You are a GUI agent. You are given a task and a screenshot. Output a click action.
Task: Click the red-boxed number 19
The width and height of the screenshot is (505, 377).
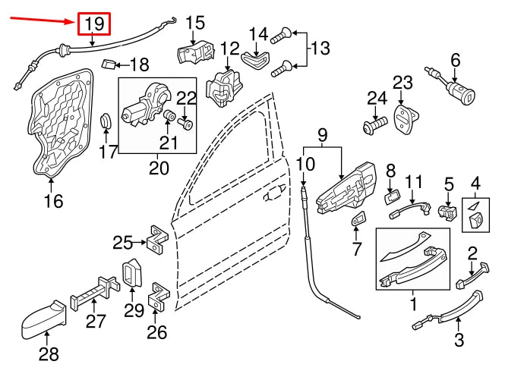pyautogui.click(x=93, y=24)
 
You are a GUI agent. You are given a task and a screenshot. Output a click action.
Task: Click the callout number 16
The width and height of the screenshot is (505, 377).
pyautogui.click(x=53, y=201)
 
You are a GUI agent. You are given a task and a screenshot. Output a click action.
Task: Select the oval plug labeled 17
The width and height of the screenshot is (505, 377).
pyautogui.click(x=106, y=122)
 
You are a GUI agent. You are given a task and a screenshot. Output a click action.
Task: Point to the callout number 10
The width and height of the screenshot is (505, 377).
pyautogui.click(x=305, y=164)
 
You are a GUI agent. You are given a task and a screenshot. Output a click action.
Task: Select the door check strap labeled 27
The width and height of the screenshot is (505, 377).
pyautogui.click(x=95, y=291)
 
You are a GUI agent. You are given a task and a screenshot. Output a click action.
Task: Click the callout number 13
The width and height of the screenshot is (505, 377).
pyautogui.click(x=320, y=49)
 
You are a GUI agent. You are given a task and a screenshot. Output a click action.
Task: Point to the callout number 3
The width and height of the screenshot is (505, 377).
pyautogui.click(x=459, y=340)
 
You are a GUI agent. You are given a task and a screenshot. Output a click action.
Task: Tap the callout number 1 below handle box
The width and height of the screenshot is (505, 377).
pyautogui.click(x=414, y=306)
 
